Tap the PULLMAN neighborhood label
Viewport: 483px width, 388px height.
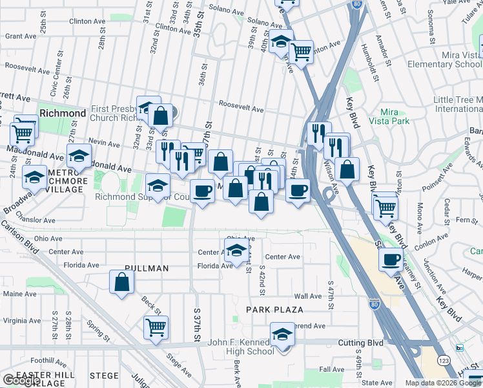point(147,268)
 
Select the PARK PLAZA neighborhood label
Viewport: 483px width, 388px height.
point(274,310)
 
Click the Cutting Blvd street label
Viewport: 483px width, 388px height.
point(363,343)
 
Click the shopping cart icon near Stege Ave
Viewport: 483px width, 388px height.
point(156,327)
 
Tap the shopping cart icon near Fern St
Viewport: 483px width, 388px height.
point(385,208)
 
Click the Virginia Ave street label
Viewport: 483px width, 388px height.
point(22,320)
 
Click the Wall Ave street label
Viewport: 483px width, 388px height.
point(307,296)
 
